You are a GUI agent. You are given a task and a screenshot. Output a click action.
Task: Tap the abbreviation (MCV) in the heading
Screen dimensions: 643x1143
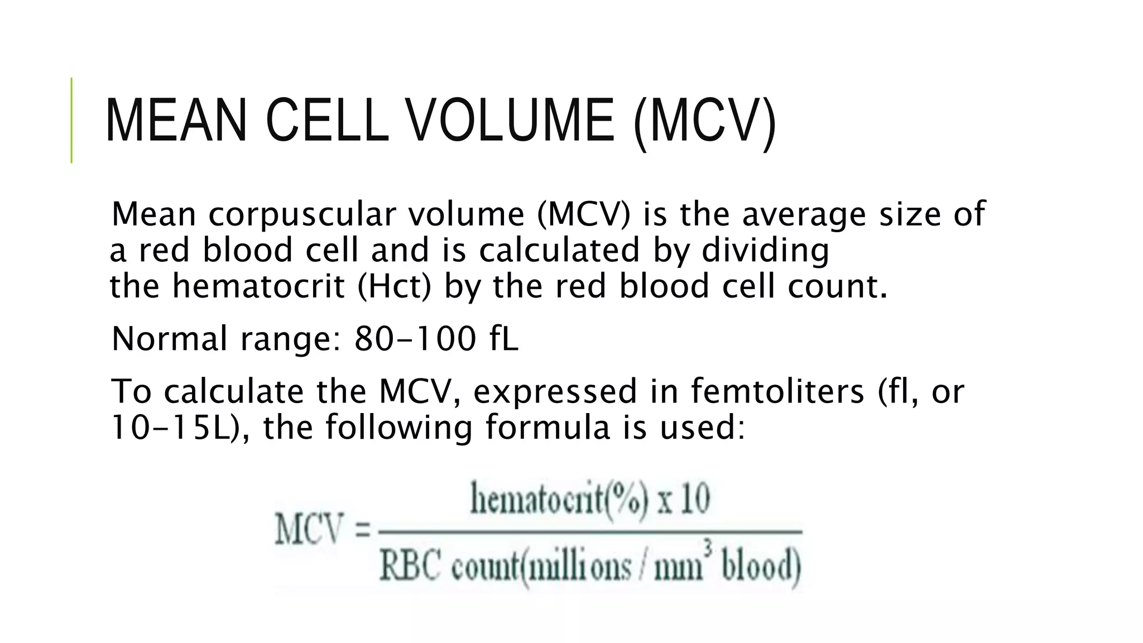tap(704, 122)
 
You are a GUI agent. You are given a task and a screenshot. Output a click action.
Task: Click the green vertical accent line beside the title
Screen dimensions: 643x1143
tap(71, 120)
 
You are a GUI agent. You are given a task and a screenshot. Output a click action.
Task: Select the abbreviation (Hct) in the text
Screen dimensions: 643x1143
tap(394, 286)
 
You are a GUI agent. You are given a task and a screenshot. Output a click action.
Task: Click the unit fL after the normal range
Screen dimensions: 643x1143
tap(505, 339)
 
